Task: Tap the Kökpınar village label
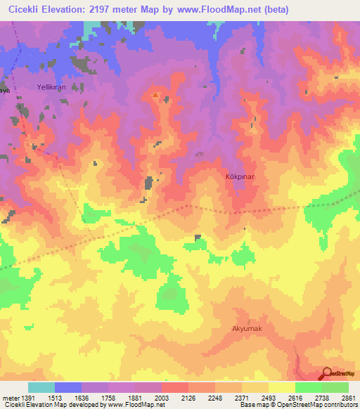click(x=238, y=177)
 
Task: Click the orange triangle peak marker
click(x=155, y=94)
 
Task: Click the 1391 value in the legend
click(x=25, y=397)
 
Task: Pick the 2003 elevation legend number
click(x=161, y=397)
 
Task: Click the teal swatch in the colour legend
click(x=41, y=387)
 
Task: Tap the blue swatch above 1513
click(x=68, y=387)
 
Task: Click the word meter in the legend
click(x=8, y=397)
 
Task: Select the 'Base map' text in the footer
click(x=252, y=405)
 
